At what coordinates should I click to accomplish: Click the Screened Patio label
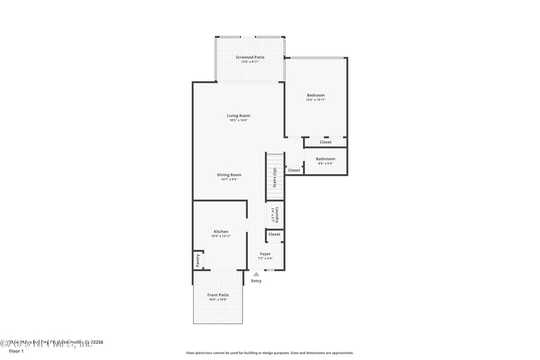coord(250,57)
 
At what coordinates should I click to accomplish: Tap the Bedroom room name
coord(316,95)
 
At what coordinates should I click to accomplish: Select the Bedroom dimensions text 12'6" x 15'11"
coord(316,100)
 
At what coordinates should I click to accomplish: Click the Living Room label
coord(238,115)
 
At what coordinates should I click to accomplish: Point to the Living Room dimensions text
coord(238,120)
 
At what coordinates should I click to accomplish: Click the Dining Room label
coord(229,174)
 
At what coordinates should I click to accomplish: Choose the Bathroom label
coord(325,159)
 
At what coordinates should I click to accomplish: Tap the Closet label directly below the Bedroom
coord(325,142)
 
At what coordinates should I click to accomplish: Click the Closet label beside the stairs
coord(294,170)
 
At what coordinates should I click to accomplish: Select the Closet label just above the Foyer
coord(274,234)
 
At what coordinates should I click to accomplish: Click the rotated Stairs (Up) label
coord(274,178)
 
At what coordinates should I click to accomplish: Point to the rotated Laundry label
coord(276,215)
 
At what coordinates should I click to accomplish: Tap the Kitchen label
coord(221,231)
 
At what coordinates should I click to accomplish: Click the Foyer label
coord(265,254)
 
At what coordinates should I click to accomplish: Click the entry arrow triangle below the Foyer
coord(256,274)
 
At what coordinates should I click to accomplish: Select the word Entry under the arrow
coord(256,281)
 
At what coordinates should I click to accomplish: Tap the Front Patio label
coord(217,294)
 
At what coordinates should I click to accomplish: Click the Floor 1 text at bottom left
coord(16,351)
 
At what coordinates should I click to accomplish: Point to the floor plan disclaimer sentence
coord(269,353)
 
